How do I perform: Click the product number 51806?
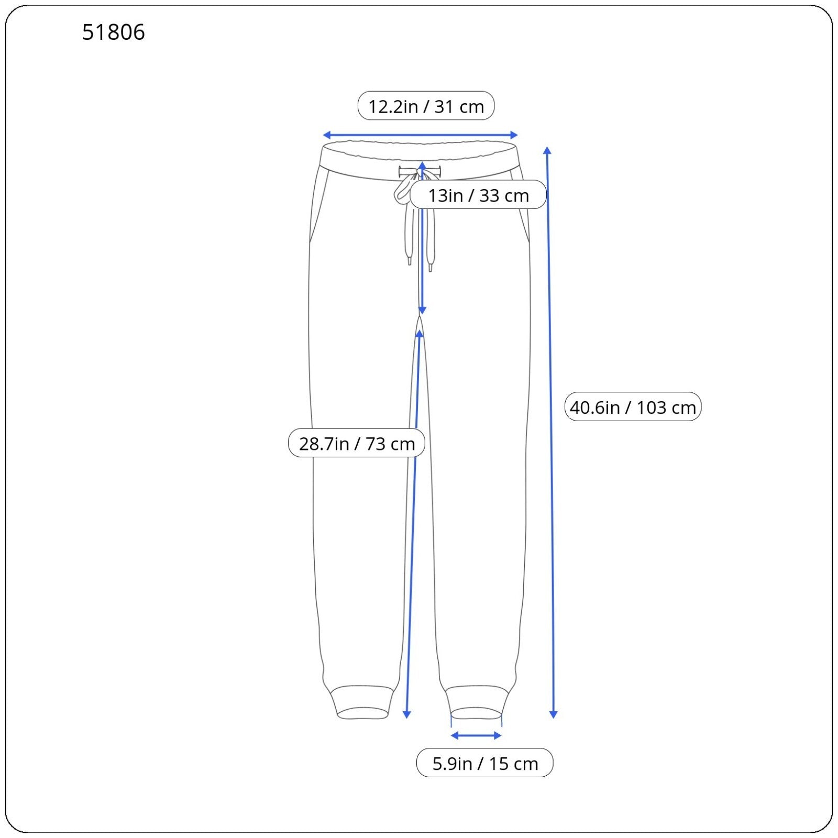point(114,32)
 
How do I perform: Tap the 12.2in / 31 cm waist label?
point(426,106)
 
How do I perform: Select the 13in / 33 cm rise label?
point(478,195)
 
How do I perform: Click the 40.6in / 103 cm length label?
point(633,407)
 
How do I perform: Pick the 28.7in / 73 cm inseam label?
point(357,443)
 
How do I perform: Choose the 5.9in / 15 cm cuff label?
point(485,763)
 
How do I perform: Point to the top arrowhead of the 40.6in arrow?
point(547,151)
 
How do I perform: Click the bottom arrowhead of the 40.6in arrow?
point(553,714)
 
